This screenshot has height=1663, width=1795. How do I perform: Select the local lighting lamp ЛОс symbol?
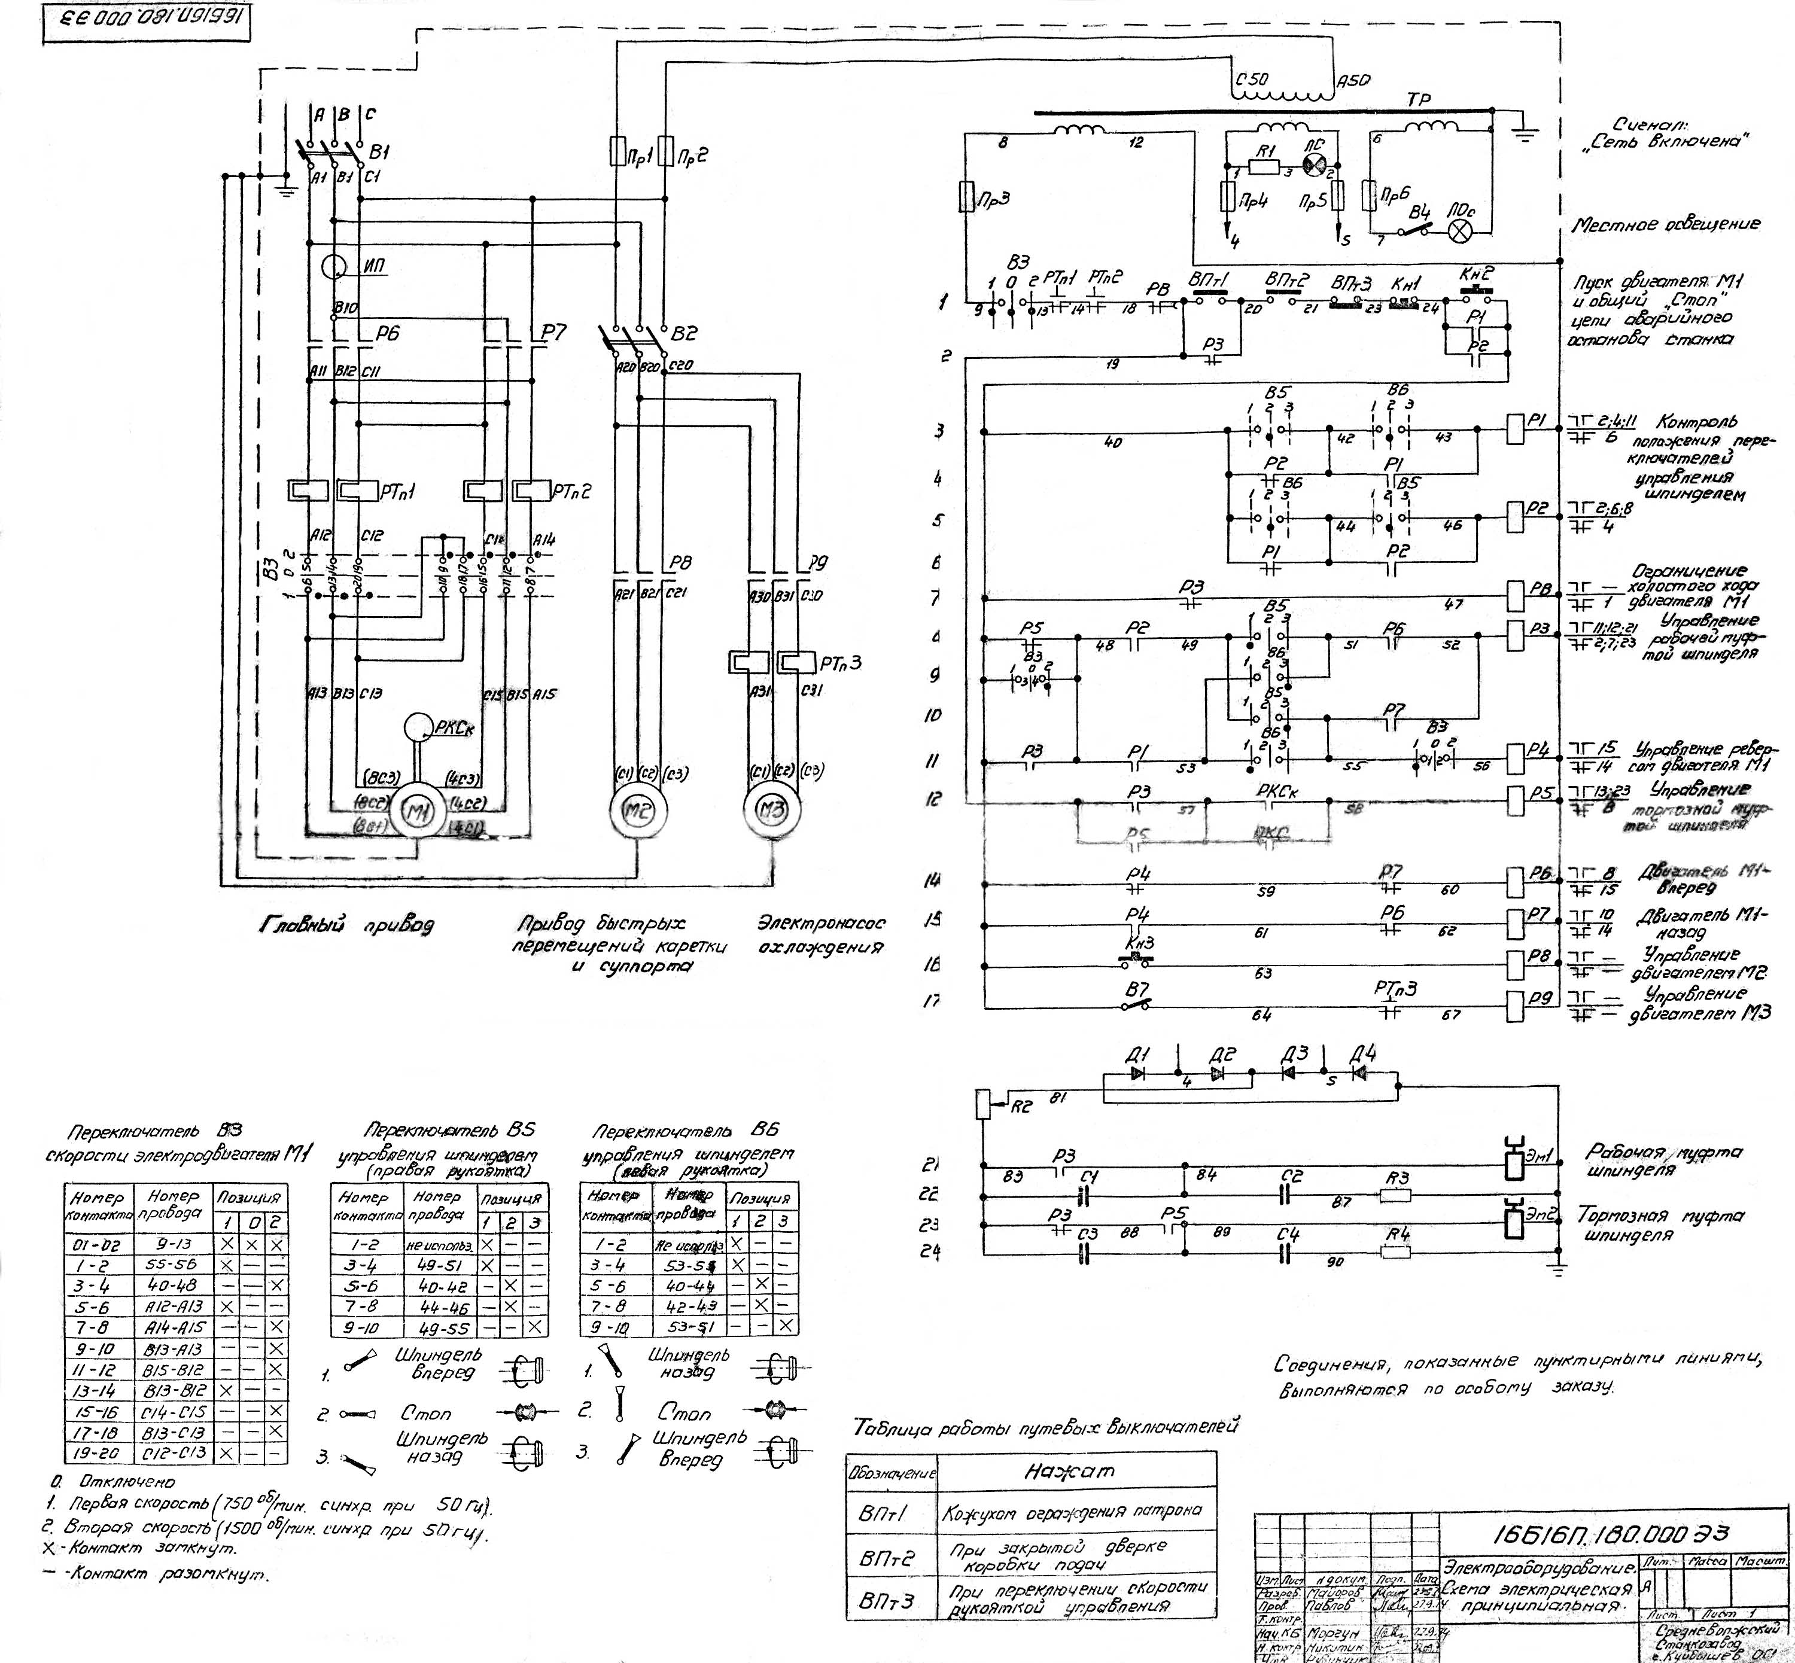point(1459,230)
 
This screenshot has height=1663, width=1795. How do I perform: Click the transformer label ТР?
point(1419,100)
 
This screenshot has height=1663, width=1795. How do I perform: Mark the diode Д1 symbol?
point(1138,1074)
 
